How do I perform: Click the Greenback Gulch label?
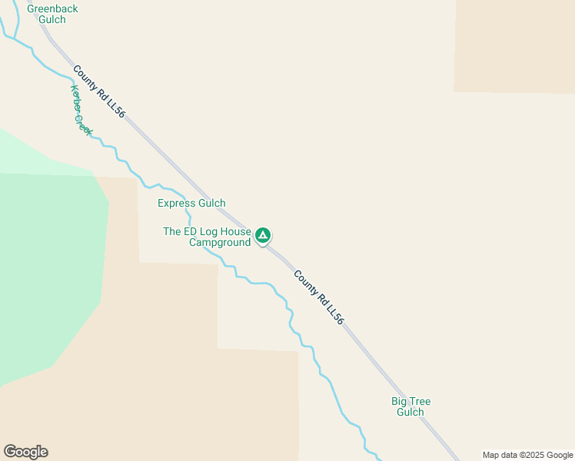click(x=46, y=14)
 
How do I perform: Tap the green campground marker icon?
click(x=263, y=235)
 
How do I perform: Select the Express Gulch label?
click(x=191, y=204)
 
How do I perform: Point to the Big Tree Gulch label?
click(x=410, y=406)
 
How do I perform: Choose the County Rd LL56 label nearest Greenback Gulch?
click(x=98, y=91)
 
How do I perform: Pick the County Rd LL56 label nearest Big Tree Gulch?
click(x=317, y=297)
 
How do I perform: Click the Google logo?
click(x=25, y=452)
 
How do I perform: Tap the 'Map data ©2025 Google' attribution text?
click(x=527, y=455)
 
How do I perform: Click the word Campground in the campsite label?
click(x=220, y=243)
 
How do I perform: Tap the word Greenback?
click(x=52, y=8)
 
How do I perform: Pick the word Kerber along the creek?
click(x=76, y=98)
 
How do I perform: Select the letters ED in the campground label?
click(x=191, y=231)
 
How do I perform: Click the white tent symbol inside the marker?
click(x=263, y=234)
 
